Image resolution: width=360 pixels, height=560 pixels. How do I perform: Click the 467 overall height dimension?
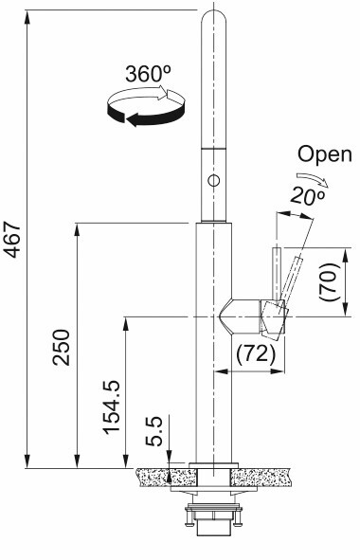tap(13, 240)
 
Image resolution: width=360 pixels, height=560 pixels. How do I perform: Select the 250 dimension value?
tap(61, 348)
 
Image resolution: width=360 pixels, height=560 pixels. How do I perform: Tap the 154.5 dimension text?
tap(112, 406)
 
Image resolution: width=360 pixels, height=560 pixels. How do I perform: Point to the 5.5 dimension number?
tap(153, 432)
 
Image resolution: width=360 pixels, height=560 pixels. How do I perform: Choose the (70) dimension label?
tap(329, 281)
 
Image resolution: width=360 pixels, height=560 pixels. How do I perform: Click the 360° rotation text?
tap(148, 74)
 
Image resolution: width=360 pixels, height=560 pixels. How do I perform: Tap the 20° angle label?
tap(308, 196)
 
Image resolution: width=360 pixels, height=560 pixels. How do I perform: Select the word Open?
tap(325, 154)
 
